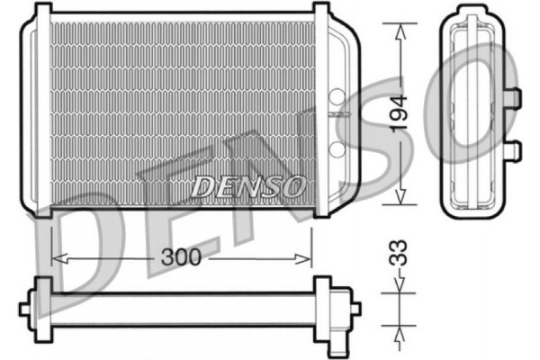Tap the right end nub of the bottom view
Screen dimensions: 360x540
(x=355, y=308)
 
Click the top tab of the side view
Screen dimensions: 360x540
(x=472, y=12)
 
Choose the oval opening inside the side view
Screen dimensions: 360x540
(x=472, y=112)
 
